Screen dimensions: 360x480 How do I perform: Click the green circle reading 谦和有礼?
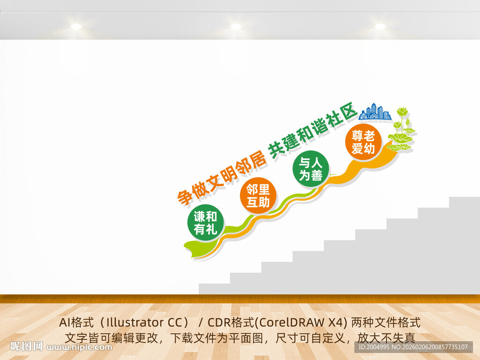(205, 223)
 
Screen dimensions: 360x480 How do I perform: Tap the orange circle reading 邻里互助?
(258, 196)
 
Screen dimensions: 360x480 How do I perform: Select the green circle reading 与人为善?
(310, 169)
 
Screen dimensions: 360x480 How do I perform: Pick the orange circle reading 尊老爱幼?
(363, 142)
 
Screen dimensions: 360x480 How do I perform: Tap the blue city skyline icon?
(375, 112)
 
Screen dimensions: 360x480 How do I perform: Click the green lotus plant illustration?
(402, 130)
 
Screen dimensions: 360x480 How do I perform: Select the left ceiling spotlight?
(76, 27)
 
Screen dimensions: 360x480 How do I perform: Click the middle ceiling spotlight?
(236, 27)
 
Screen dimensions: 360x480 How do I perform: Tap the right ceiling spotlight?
(380, 27)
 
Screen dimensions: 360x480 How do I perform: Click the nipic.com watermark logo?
(61, 347)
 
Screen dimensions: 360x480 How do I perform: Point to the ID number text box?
(412, 347)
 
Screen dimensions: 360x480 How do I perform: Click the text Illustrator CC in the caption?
(141, 323)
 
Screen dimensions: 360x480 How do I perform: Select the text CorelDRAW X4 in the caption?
(300, 323)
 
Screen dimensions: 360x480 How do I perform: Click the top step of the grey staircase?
(464, 202)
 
